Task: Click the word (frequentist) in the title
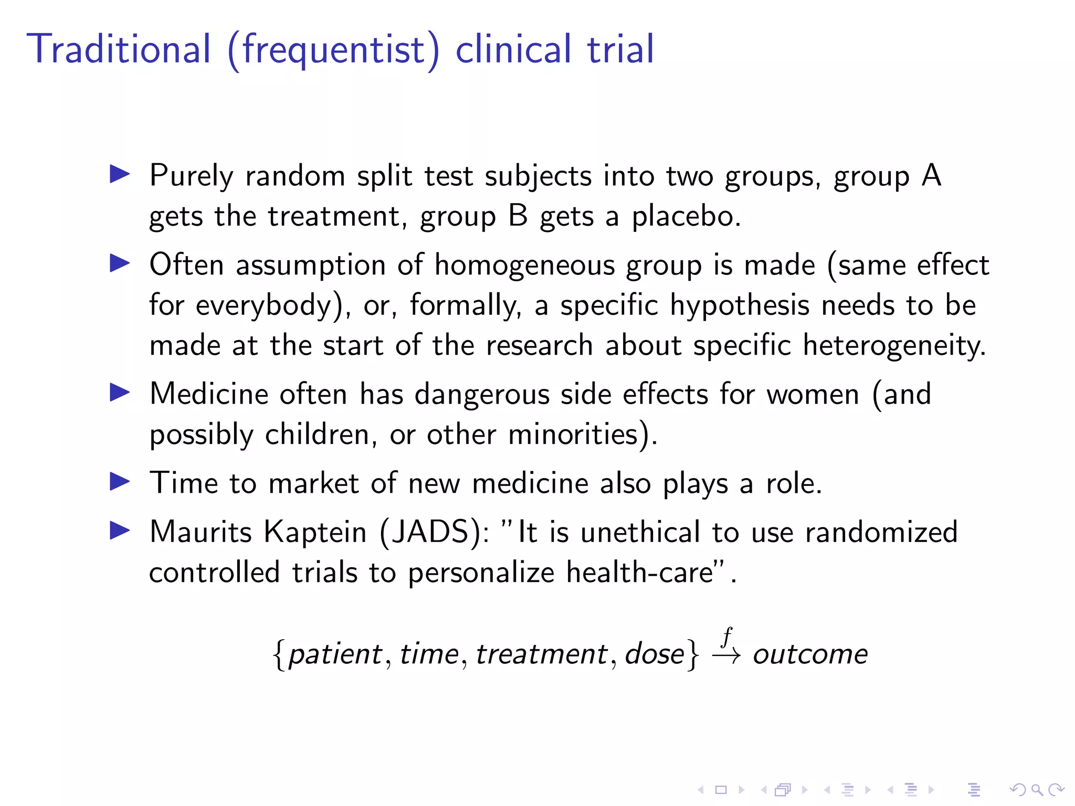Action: point(333,50)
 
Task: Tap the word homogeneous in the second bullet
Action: point(524,265)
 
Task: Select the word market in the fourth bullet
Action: point(313,483)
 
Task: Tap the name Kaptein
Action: point(315,532)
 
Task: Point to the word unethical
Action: point(640,532)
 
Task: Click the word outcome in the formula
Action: point(810,654)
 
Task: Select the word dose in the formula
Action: point(655,654)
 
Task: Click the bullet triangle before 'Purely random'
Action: point(120,174)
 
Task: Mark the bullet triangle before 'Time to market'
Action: point(120,482)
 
